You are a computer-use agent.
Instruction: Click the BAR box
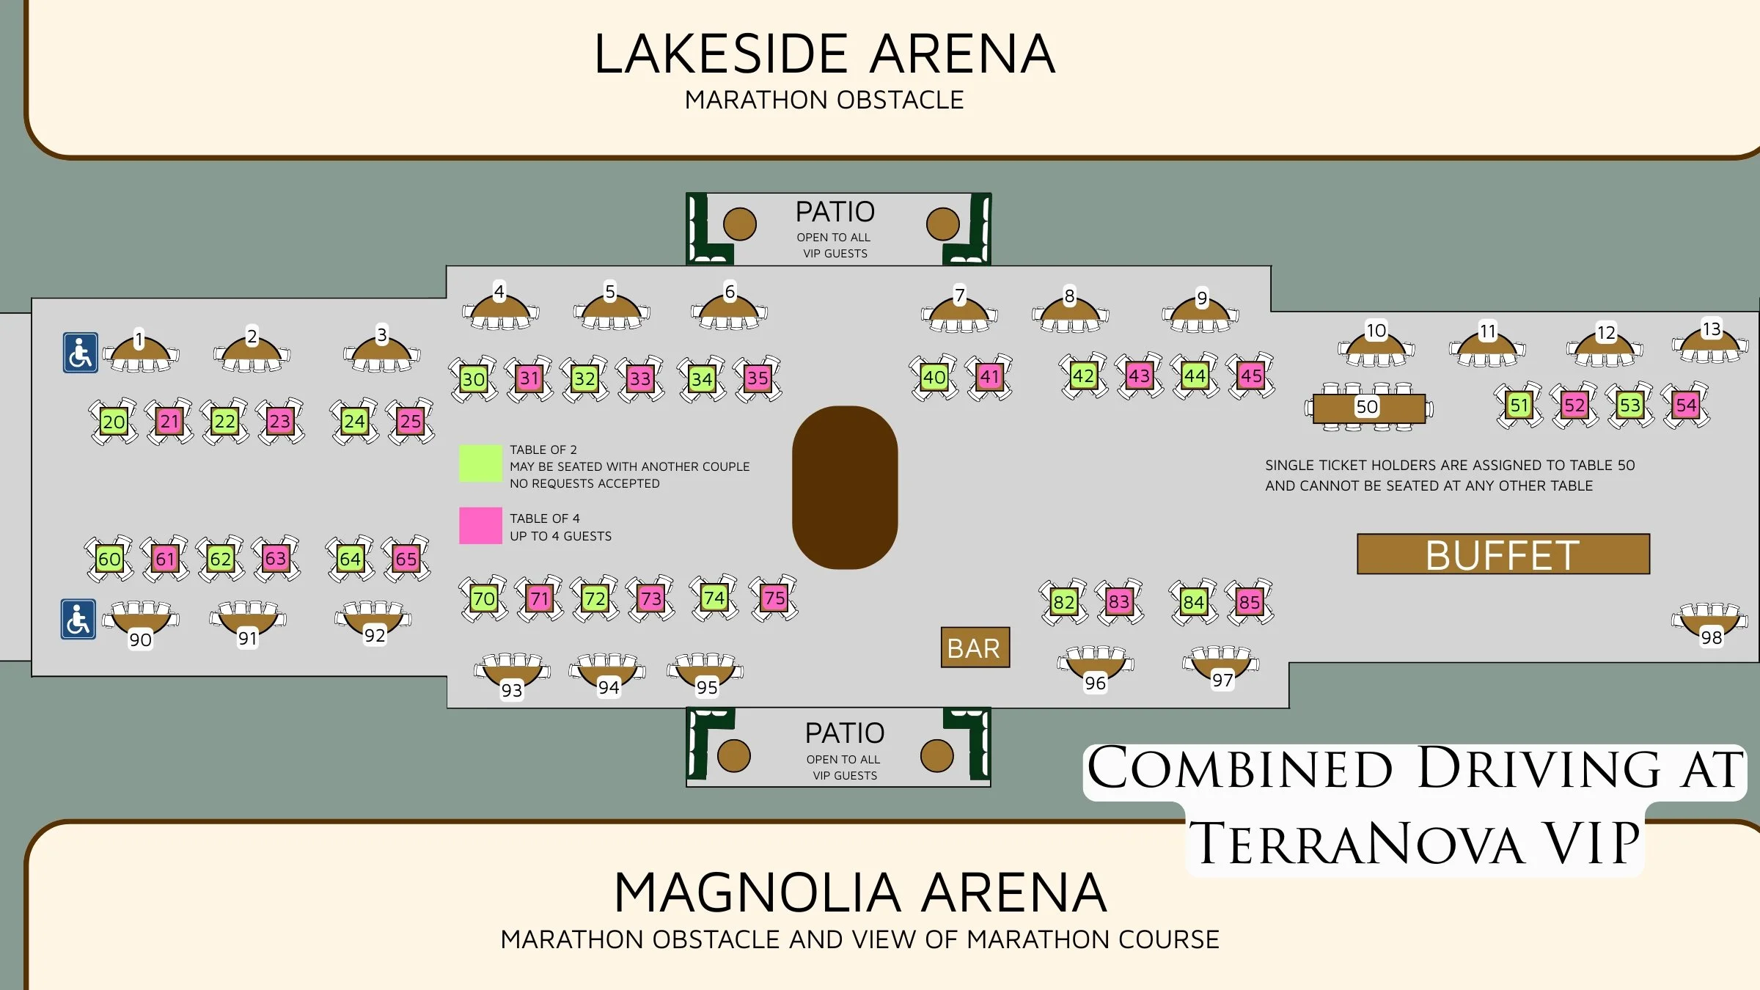[975, 648]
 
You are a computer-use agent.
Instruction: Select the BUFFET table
[1503, 554]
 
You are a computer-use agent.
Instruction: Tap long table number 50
[1368, 408]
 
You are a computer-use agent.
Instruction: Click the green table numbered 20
[114, 422]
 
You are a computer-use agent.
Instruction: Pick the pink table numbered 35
[758, 378]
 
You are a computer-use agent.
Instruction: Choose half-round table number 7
[959, 311]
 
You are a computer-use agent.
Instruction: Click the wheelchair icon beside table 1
[81, 353]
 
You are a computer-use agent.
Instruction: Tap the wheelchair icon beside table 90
[78, 619]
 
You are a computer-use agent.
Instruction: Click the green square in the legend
[480, 463]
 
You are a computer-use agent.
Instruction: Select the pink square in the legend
[480, 526]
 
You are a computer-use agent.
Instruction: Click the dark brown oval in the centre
[845, 488]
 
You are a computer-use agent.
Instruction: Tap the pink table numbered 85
[1249, 602]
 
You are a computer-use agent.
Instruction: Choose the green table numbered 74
[714, 598]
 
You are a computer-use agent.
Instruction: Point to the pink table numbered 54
[1685, 405]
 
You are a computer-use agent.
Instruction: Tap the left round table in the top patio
[739, 224]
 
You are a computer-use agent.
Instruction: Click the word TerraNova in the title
[1356, 843]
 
